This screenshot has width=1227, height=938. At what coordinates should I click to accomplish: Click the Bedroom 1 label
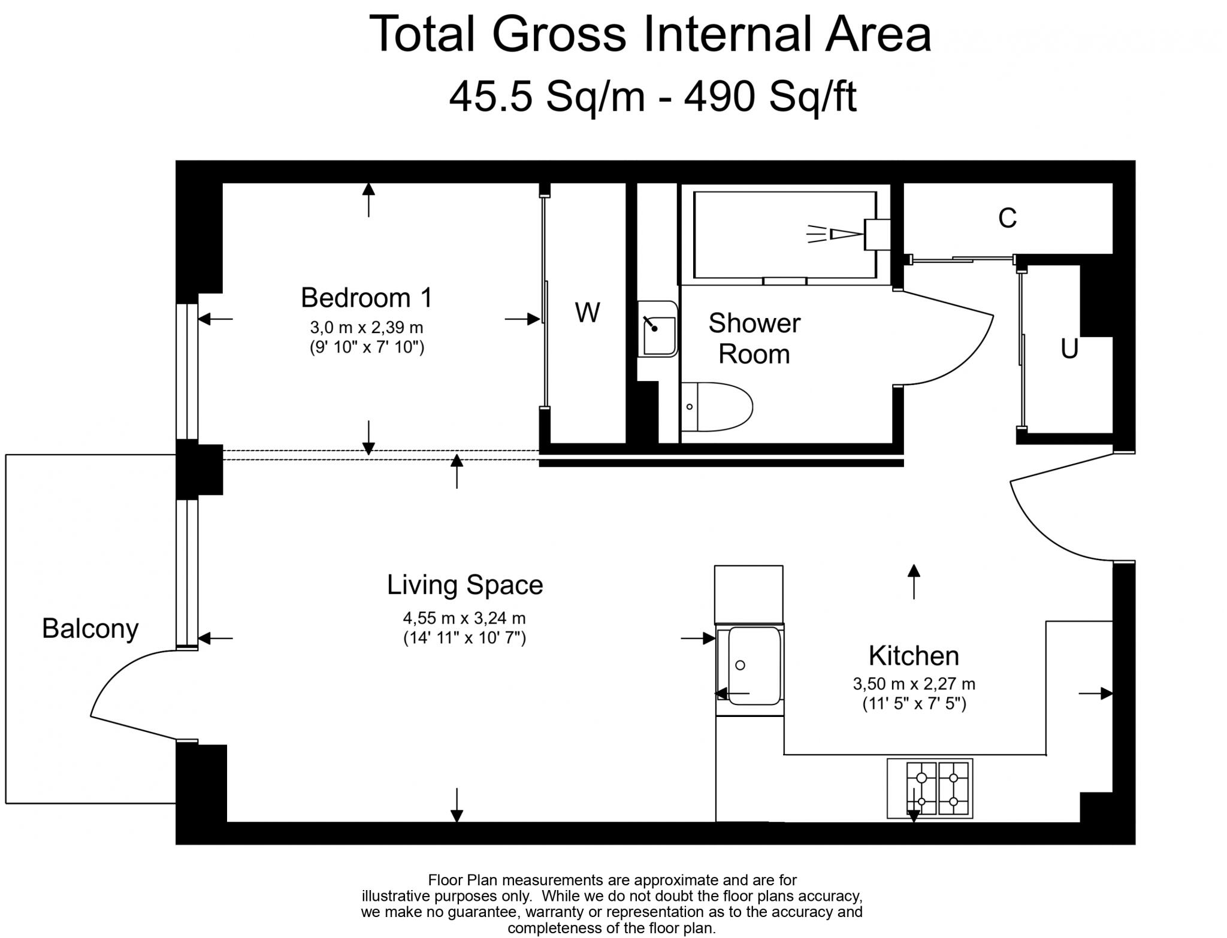pos(366,298)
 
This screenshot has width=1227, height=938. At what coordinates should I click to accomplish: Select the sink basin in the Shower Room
pos(657,329)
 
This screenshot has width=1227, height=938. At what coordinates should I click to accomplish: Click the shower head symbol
pos(845,234)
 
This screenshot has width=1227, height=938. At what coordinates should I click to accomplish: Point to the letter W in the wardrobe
pos(587,313)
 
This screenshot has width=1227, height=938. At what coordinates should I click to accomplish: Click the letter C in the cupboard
pos(1007,218)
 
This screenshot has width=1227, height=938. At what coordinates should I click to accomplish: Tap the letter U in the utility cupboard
pos(1069,349)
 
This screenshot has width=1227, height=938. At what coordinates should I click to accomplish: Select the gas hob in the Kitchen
pos(929,788)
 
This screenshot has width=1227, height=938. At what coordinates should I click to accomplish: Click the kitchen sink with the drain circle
pos(749,665)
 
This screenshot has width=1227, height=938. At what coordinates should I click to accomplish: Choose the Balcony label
pos(90,628)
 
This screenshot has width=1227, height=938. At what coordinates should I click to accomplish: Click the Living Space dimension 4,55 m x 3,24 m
pos(464,618)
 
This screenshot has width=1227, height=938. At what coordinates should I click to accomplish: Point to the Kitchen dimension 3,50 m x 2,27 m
pos(914,683)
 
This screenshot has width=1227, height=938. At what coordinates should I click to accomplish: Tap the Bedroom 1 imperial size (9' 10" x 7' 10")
pos(367,347)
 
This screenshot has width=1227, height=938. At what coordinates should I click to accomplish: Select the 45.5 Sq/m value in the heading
pos(546,96)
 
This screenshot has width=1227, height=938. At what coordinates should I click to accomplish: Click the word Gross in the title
pos(558,34)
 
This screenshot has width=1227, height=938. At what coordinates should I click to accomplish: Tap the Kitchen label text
pos(914,656)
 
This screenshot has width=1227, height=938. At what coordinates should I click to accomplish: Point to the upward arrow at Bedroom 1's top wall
pos(368,198)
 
